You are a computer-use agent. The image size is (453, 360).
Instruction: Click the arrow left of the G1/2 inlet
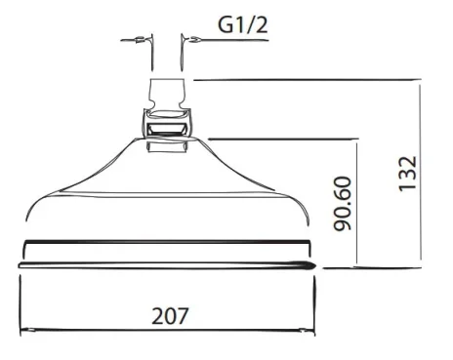click(x=140, y=41)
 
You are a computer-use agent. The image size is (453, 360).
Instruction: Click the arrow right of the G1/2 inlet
click(x=195, y=41)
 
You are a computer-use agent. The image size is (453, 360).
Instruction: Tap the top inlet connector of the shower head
click(x=167, y=95)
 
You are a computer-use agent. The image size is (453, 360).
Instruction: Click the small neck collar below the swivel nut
click(x=167, y=147)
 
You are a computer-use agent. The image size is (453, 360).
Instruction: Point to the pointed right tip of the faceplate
click(x=312, y=264)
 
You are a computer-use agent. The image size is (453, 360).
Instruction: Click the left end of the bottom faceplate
click(x=21, y=264)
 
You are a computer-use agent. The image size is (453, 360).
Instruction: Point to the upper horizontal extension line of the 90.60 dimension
click(x=283, y=138)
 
